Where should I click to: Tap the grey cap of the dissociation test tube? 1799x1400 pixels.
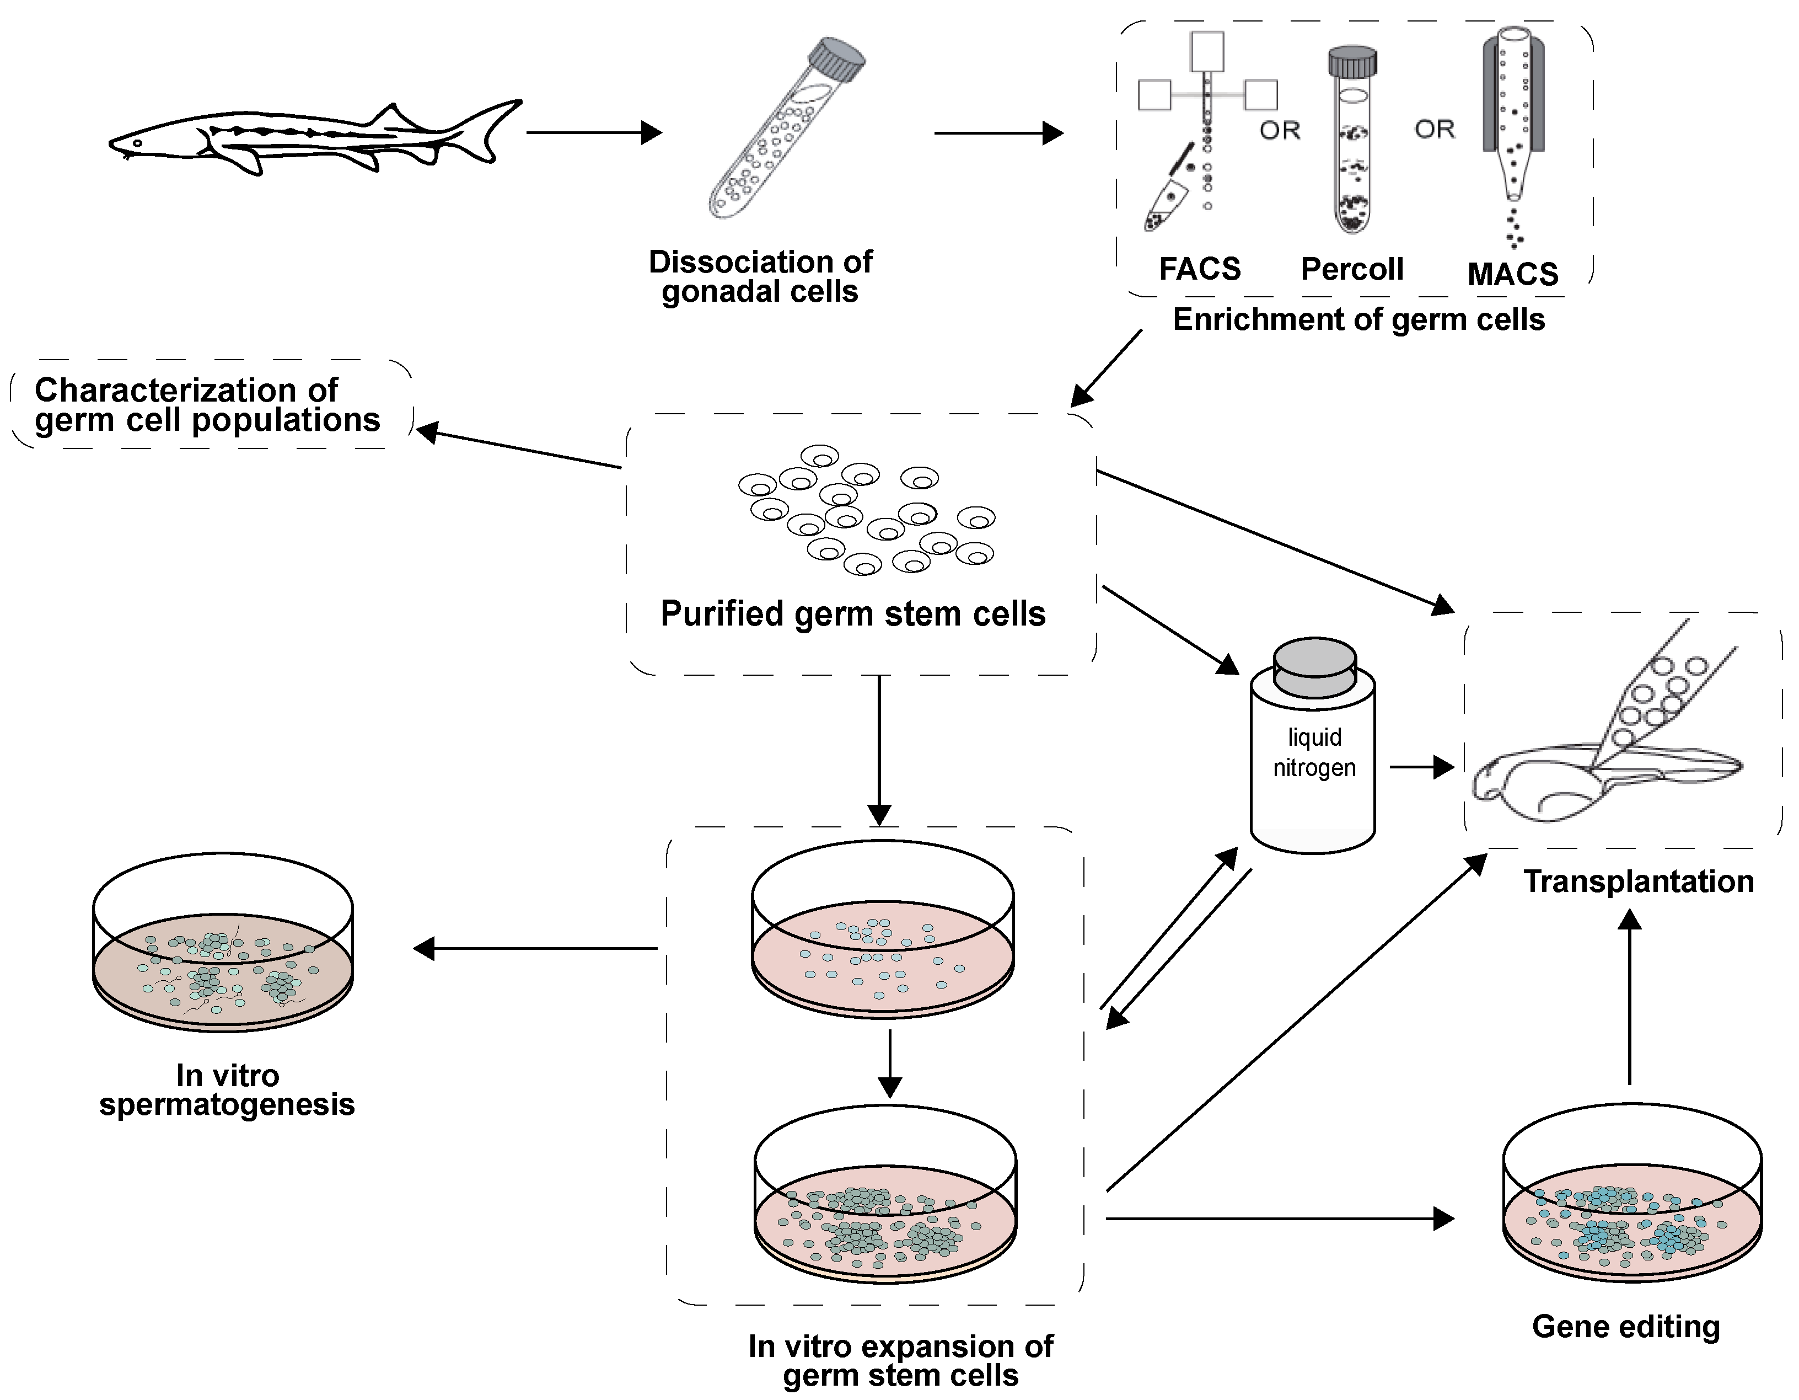[x=836, y=60]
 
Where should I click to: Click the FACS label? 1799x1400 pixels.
[x=1199, y=269]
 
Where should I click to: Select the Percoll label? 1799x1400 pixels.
[x=1352, y=269]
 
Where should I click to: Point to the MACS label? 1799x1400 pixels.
[x=1512, y=274]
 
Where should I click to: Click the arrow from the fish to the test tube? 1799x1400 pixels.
[x=593, y=132]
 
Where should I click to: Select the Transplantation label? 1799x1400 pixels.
[x=1637, y=881]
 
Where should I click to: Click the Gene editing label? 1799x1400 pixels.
[x=1625, y=1327]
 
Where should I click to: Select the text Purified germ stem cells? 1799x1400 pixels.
[x=852, y=614]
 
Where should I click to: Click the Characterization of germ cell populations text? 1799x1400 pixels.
[x=206, y=404]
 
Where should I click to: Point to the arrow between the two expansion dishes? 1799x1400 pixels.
[x=889, y=1063]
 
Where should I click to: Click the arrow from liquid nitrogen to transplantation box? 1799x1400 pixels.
[x=1421, y=767]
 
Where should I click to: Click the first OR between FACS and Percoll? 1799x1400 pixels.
[x=1279, y=130]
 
